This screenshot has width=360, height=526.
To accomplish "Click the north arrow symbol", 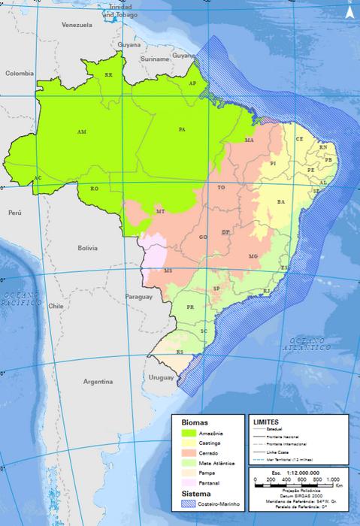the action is pos(348,10).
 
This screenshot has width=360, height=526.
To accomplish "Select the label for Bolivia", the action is pos(88,247).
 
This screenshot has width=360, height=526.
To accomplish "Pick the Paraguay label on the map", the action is pos(139,297).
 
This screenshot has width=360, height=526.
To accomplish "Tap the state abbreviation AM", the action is pos(82,131).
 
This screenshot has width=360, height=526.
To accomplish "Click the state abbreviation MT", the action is pos(160,212).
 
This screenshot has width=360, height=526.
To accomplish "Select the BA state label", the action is pos(281,202).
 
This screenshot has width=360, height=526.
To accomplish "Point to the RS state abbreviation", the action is pos(180,352).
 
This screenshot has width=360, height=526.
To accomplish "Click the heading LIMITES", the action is pos(269,423).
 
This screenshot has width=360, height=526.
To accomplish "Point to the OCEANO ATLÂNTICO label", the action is pos(307,344).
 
